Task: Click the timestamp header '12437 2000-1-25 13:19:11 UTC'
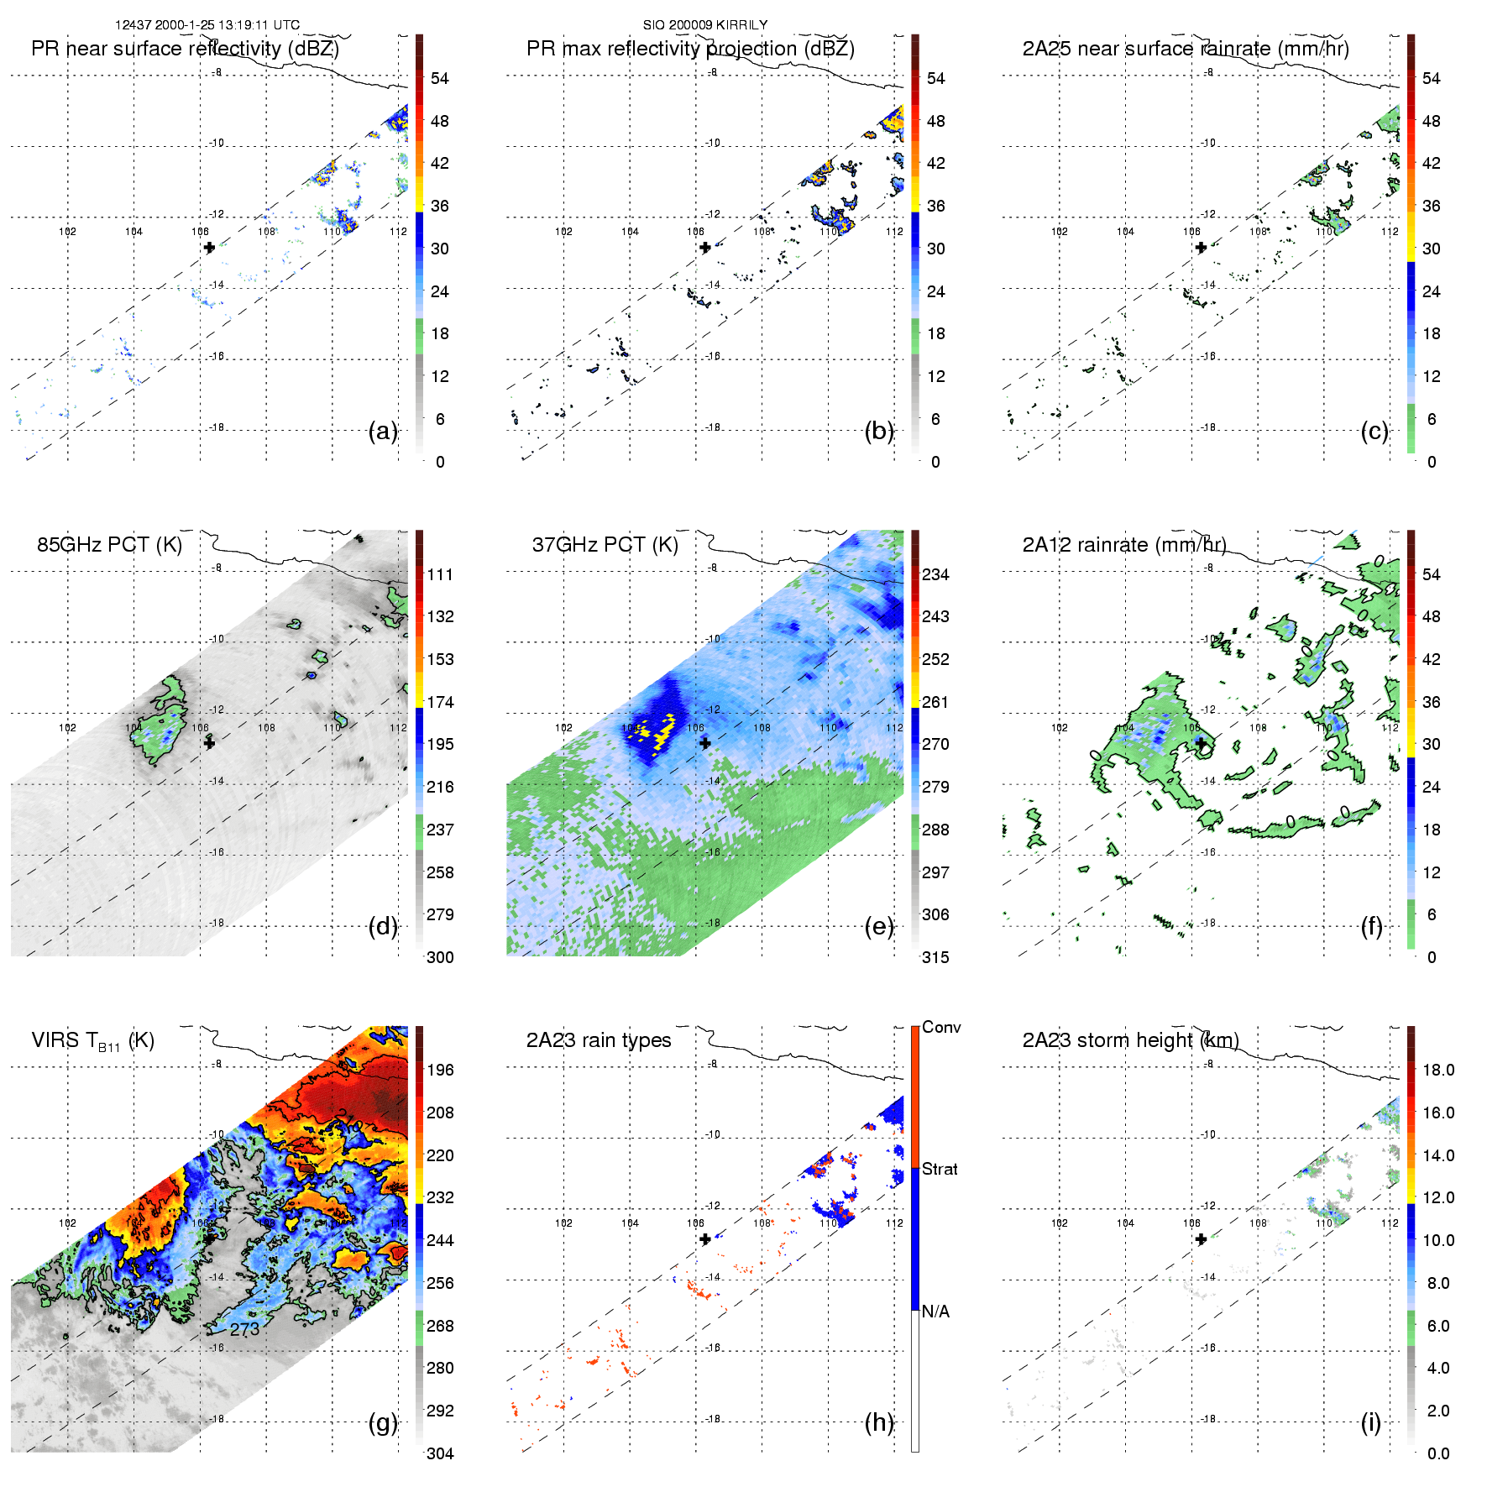pos(207,25)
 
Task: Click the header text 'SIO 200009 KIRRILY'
pos(704,25)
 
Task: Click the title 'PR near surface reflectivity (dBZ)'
pos(185,49)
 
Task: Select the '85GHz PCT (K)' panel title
pos(109,545)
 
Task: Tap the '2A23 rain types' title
pos(599,1040)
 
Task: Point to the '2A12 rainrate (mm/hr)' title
pos(1124,545)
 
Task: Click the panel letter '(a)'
pos(383,432)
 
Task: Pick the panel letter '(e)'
pos(879,927)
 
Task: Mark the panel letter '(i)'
pos(1370,1422)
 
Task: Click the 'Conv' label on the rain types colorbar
pos(941,1027)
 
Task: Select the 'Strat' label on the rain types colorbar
pos(940,1169)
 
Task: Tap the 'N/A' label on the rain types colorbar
pos(935,1312)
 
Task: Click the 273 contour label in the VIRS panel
pos(244,1329)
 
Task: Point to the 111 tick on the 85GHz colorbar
pos(440,574)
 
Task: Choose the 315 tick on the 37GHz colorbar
pos(935,957)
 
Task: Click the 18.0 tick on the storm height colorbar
pos(1438,1070)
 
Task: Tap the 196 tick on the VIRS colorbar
pos(440,1070)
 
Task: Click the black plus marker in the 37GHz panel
pos(705,743)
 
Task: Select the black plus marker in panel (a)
pos(209,248)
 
